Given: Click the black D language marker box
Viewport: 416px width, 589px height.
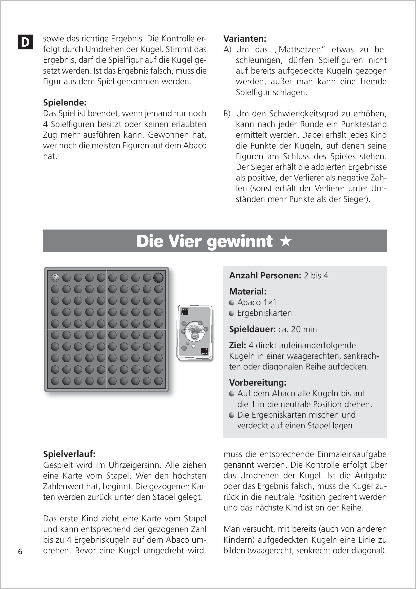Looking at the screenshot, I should point(25,42).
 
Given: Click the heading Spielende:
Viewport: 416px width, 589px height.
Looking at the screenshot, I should point(65,103).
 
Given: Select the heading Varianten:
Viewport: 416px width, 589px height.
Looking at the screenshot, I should point(245,39).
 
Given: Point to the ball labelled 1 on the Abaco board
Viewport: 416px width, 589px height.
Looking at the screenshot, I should point(55,277).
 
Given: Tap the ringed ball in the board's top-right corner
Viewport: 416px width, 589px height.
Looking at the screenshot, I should point(158,277).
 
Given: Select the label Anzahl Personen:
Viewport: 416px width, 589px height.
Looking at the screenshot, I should point(265,276).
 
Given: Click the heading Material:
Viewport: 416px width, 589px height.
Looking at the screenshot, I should point(248,291).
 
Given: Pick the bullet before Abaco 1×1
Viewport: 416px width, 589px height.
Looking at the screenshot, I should point(232,303).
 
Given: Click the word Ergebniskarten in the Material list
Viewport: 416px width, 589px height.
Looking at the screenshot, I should point(264,313).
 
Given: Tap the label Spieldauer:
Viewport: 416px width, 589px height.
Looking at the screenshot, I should point(252,329).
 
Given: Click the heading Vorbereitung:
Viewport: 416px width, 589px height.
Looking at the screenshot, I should point(258,383).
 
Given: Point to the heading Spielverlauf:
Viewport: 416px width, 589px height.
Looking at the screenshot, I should point(69,454).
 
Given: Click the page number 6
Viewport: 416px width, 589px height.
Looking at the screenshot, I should point(20,552).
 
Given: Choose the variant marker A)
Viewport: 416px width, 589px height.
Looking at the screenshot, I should point(227,49).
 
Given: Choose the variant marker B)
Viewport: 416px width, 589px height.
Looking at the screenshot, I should point(227,113).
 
